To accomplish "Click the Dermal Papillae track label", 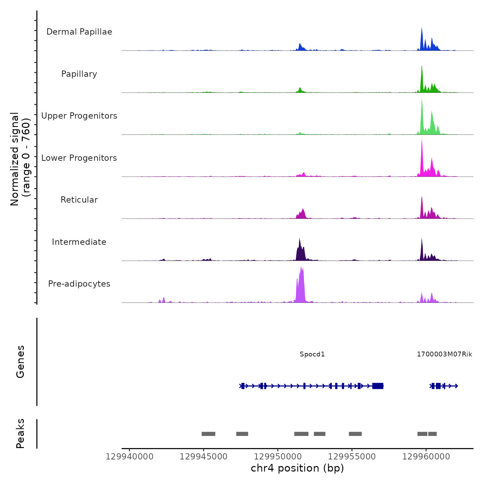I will click(79, 32).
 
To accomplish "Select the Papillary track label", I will click(79, 74).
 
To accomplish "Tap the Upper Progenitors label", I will click(79, 116).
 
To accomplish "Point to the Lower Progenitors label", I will click(79, 158).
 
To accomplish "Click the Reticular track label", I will click(79, 200).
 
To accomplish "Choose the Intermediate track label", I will click(79, 242).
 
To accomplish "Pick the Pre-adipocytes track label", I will click(79, 284).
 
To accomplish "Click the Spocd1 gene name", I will click(312, 354).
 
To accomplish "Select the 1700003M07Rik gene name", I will click(444, 354).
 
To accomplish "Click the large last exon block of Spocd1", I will click(378, 386).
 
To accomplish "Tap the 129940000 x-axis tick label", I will click(130, 457).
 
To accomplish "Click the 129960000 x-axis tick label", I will click(426, 457).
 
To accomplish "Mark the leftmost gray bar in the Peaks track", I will click(208, 434).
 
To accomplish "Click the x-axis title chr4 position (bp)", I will click(297, 468).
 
